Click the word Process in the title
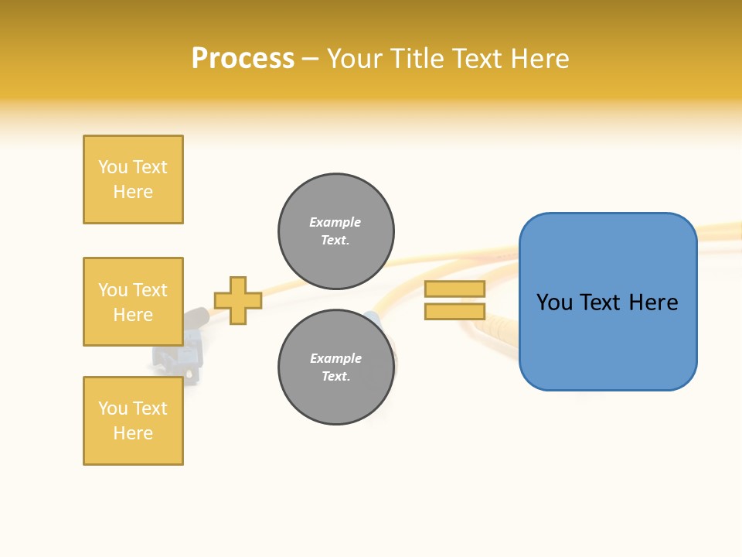pos(243,59)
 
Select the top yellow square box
pos(133,179)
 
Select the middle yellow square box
pos(133,302)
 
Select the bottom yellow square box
pos(133,421)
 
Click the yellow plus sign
pos(238,300)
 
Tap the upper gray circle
pos(335,231)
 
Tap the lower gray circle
pos(335,367)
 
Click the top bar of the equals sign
pos(454,289)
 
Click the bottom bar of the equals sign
pos(454,312)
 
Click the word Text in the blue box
pos(608,302)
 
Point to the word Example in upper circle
pos(335,222)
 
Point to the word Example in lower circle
pos(335,358)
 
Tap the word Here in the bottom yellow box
pos(133,433)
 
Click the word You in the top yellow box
pos(113,167)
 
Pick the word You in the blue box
pos(554,302)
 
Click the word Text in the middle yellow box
pos(150,290)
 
